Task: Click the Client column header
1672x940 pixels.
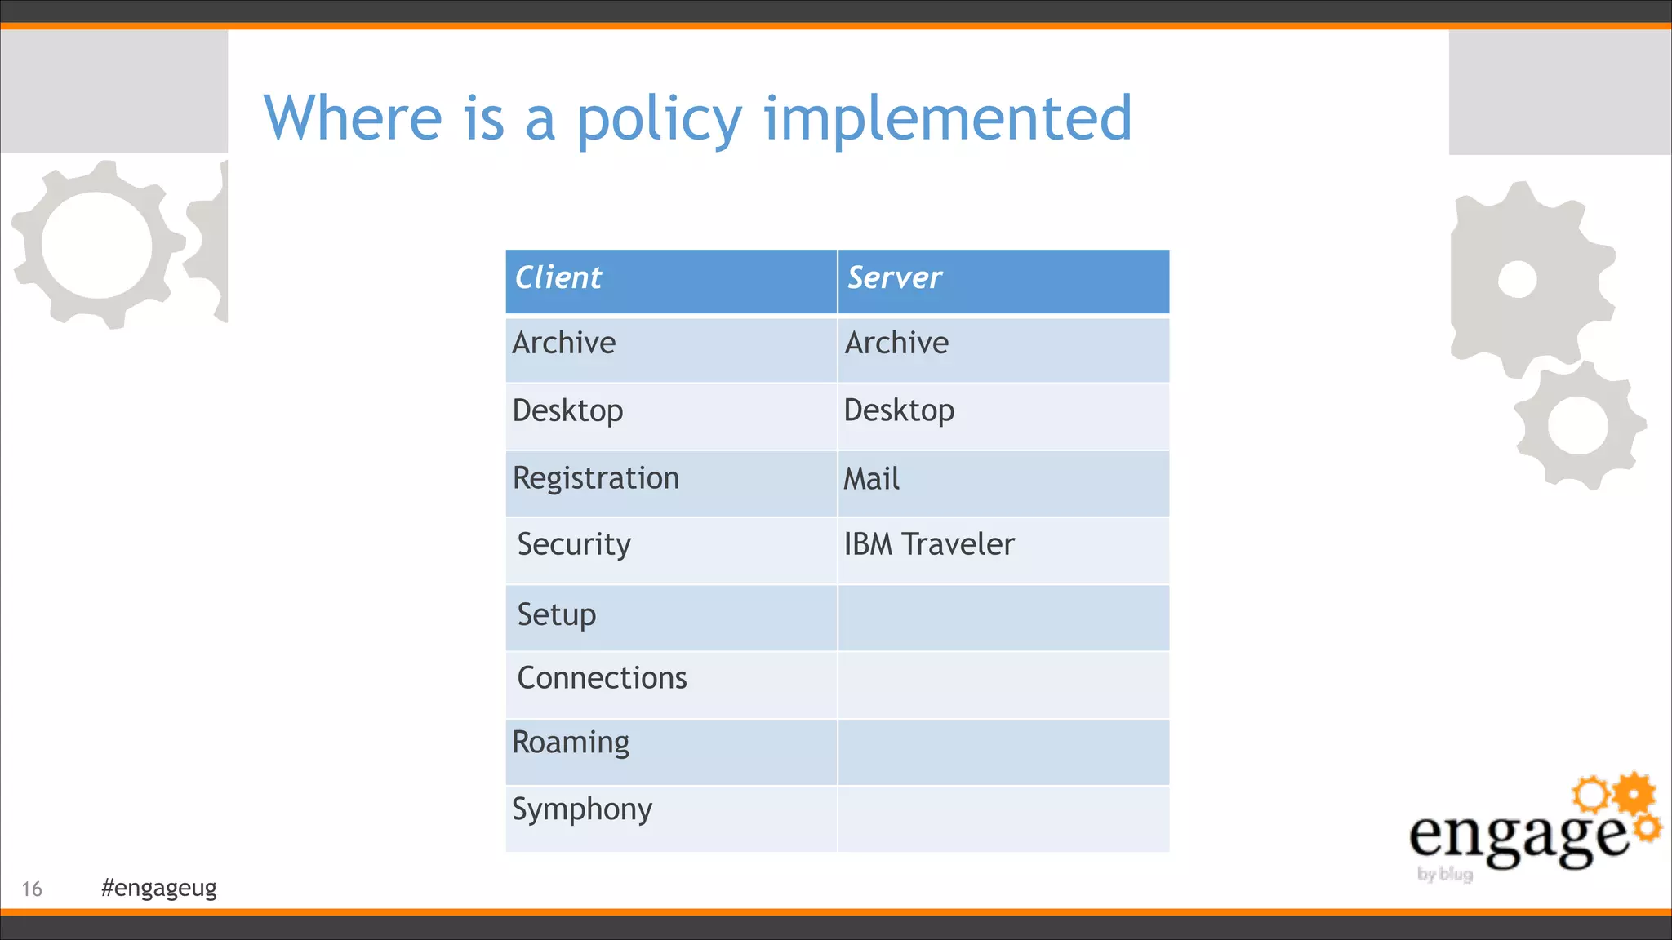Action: tap(558, 278)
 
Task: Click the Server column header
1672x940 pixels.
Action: tap(895, 278)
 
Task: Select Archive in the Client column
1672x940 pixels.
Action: tap(564, 344)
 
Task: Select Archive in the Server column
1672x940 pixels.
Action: tap(896, 344)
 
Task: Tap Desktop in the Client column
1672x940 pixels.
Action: tap(568, 410)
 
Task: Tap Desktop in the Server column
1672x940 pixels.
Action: tap(899, 410)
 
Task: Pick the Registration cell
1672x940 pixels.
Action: tap(596, 478)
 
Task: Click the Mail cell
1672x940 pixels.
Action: tap(871, 479)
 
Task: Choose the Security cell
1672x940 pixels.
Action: tap(574, 545)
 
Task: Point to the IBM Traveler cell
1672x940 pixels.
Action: tap(929, 544)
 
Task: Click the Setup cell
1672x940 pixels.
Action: tap(557, 614)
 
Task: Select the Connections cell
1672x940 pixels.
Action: tap(603, 678)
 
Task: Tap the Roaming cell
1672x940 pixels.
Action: tap(571, 743)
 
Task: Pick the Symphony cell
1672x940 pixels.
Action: tap(582, 809)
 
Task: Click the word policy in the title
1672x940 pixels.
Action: tap(660, 120)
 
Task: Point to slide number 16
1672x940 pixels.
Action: tap(32, 889)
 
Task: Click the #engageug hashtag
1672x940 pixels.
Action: tap(159, 888)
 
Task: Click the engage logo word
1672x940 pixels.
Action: tap(1517, 837)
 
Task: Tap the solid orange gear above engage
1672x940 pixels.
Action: tap(1635, 793)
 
